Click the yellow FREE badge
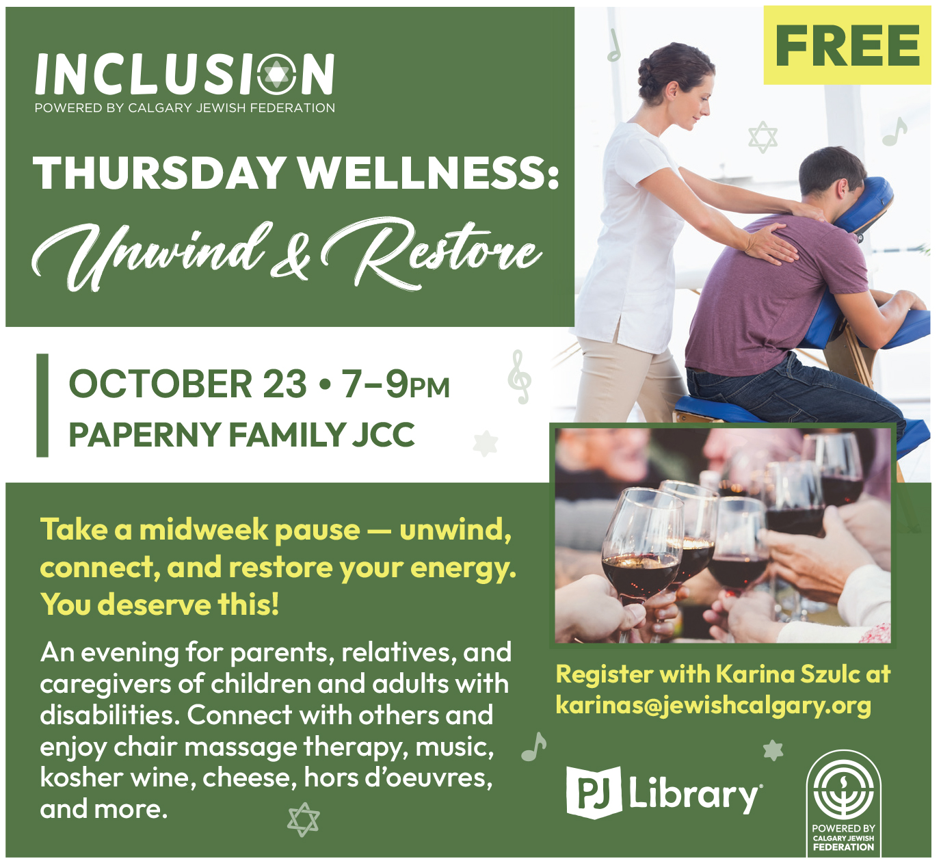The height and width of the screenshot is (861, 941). click(847, 45)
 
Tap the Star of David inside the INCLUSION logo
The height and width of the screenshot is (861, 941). click(277, 74)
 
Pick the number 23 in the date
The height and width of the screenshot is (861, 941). click(284, 384)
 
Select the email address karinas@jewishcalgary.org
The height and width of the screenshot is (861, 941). click(713, 705)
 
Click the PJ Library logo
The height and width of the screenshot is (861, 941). click(664, 793)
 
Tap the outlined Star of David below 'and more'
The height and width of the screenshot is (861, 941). click(304, 819)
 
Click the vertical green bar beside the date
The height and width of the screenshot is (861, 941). click(42, 406)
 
